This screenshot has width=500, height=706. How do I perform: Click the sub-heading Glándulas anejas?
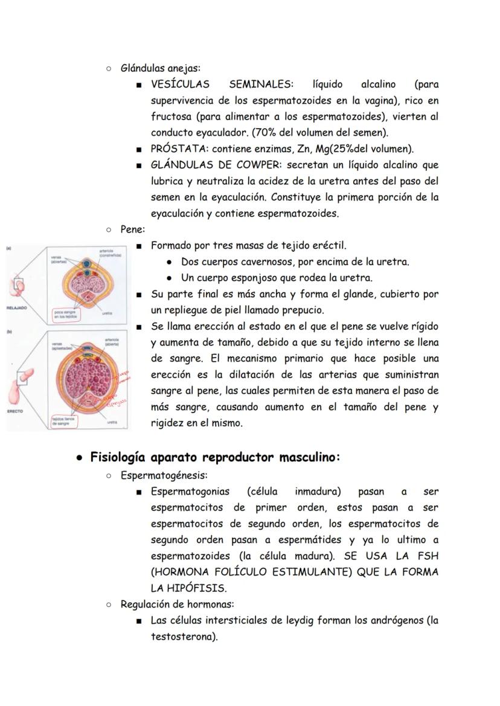(x=161, y=68)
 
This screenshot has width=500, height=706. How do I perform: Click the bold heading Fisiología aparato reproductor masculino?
(x=216, y=457)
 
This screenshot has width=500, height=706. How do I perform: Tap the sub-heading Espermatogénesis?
(x=164, y=475)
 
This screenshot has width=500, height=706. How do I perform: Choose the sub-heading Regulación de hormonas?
(x=178, y=604)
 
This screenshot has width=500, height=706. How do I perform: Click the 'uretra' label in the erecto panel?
(x=112, y=422)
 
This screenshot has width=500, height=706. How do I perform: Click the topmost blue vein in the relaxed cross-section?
(x=89, y=265)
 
